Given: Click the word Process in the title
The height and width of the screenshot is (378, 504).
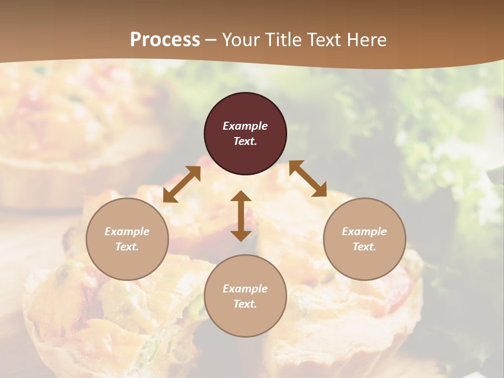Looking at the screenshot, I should pos(165,40).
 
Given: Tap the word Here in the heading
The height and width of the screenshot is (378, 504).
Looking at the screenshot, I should pos(366,40).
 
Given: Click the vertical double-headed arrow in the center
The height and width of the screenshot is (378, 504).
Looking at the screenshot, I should pos(241,216).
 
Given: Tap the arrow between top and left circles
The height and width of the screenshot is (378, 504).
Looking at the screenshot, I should pos(182,184).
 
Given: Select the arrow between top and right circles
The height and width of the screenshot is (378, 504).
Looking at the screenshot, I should pos(308,178).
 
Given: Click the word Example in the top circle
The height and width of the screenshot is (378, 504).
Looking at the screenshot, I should pos(245,126).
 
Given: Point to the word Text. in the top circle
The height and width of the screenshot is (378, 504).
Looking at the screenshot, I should pos(245,141).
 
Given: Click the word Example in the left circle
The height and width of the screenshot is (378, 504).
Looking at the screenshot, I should pos(127,232).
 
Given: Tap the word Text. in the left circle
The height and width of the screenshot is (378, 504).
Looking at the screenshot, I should pos(127,247).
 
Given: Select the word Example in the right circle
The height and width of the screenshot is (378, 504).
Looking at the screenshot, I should pos(364,232).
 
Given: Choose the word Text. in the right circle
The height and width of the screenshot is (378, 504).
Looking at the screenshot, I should pos(364,247).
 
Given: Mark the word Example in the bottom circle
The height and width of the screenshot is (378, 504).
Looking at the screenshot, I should pos(245,289).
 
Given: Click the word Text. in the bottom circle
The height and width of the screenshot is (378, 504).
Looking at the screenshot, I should pos(245,304).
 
